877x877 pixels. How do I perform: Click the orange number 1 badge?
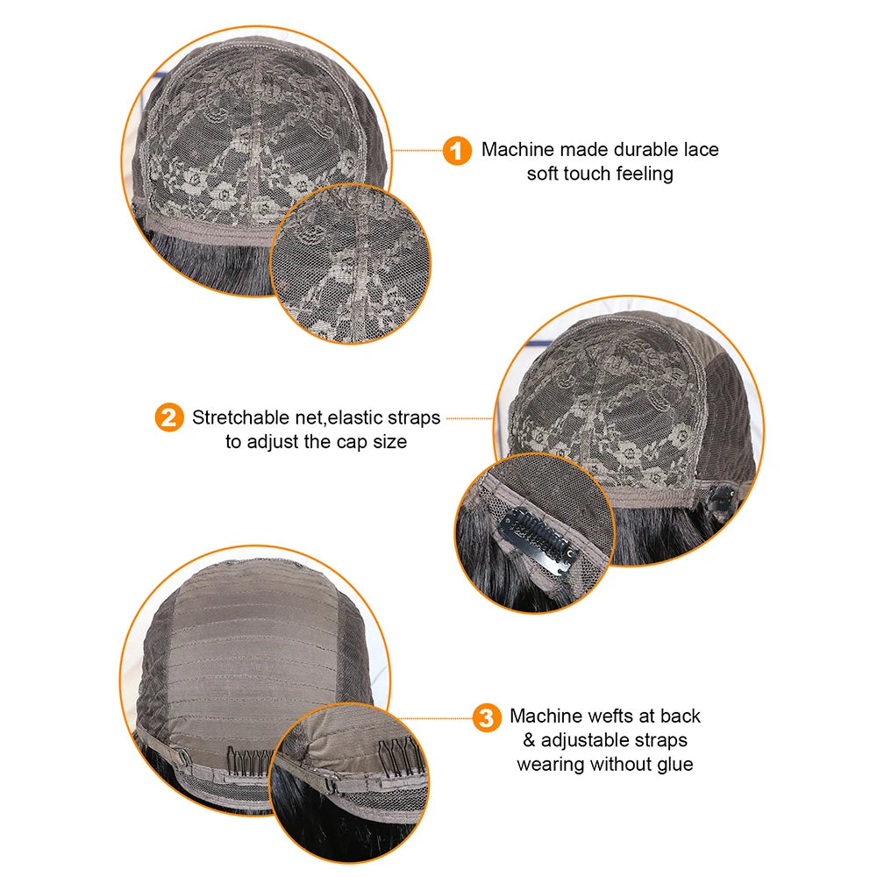point(457,151)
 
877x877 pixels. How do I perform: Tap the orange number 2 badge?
point(169,417)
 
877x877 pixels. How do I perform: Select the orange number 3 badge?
point(487,717)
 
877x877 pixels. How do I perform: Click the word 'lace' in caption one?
point(701,149)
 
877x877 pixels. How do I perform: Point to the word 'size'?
point(390,442)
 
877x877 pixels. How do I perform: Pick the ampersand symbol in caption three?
point(529,740)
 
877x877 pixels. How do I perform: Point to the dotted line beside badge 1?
point(417,151)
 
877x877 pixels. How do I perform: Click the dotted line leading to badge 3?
point(435,718)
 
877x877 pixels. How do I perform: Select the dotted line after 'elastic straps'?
point(469,417)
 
